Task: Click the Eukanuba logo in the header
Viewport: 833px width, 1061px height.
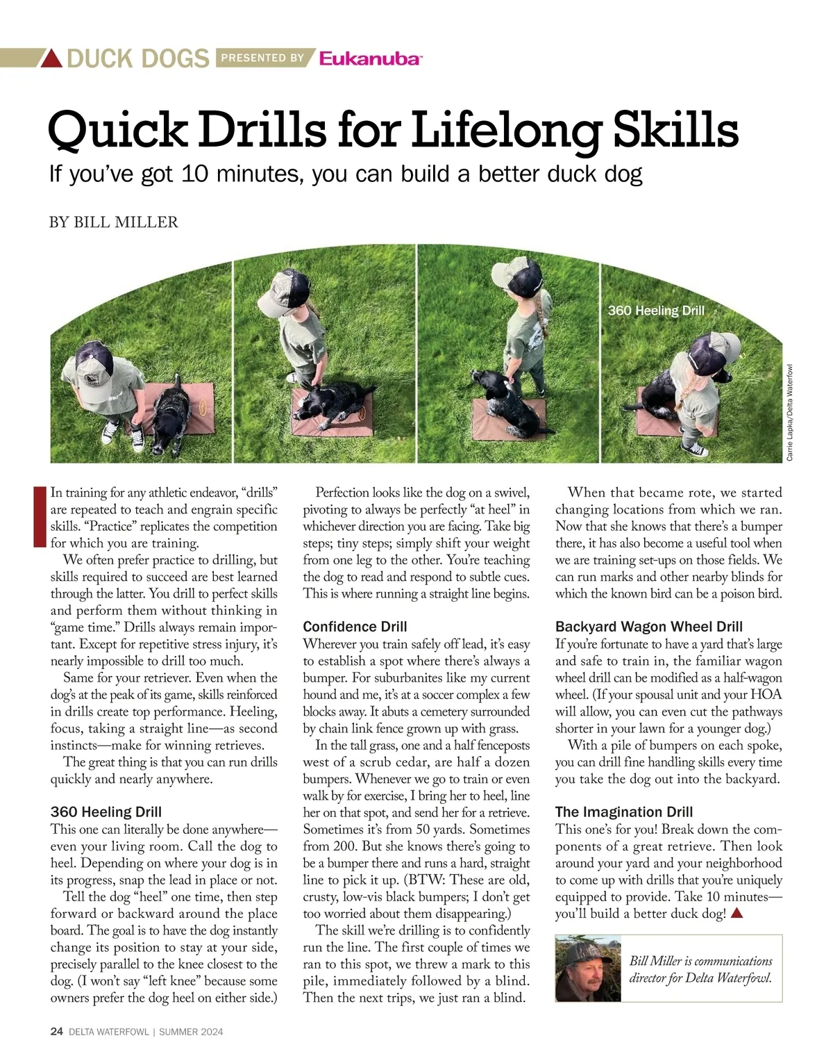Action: click(x=370, y=58)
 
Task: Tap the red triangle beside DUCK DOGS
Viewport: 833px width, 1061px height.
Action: click(x=51, y=58)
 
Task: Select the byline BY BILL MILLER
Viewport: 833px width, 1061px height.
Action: click(x=114, y=222)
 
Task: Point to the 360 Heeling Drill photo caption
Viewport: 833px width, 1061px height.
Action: click(x=656, y=311)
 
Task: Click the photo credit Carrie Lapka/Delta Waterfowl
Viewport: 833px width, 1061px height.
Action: click(x=790, y=412)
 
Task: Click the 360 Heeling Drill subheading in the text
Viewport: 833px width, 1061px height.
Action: click(x=106, y=812)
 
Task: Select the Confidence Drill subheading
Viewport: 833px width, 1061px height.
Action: click(x=355, y=626)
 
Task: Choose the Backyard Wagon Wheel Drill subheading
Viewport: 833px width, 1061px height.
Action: click(x=649, y=626)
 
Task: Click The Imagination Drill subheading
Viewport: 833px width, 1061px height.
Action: click(x=624, y=812)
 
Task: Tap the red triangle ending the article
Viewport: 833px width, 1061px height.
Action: click(x=737, y=914)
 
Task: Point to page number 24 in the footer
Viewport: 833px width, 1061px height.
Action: click(x=56, y=1032)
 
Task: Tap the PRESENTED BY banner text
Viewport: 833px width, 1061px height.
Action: click(x=262, y=58)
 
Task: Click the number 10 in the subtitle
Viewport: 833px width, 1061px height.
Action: click(x=194, y=174)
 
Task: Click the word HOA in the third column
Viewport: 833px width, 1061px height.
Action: click(x=766, y=694)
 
